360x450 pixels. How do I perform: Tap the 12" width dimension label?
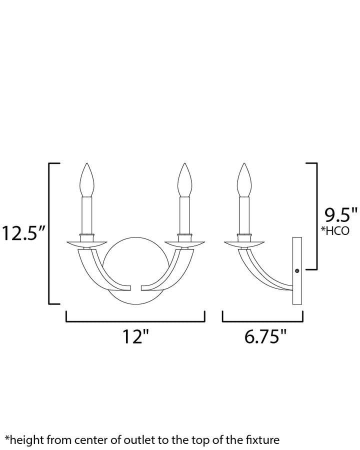(136, 336)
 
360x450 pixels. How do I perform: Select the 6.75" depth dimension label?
(265, 336)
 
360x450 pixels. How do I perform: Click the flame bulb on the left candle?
(87, 180)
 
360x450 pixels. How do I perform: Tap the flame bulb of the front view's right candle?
(184, 180)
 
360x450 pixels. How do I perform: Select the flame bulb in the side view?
(244, 180)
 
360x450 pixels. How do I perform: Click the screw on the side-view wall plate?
(297, 270)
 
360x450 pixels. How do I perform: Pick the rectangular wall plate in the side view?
(297, 270)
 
